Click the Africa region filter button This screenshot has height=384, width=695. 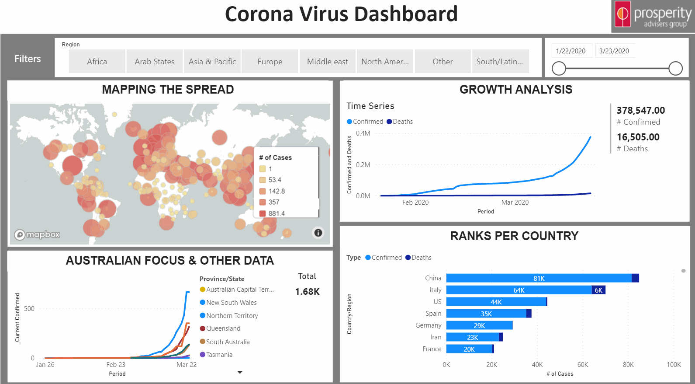pos(97,62)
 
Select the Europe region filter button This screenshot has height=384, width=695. pos(270,62)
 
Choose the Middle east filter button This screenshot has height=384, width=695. pos(327,62)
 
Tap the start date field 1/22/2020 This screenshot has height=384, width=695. pos(571,51)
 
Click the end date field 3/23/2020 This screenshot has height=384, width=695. pos(614,51)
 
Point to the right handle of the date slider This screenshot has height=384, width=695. pos(675,68)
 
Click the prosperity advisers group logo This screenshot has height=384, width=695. pos(653,16)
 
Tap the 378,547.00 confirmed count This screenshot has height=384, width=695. pos(640,110)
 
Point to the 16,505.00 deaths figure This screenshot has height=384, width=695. pos(638,137)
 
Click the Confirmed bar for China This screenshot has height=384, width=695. pos(539,278)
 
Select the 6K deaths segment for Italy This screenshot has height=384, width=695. pos(598,290)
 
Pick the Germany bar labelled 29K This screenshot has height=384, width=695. pos(479,325)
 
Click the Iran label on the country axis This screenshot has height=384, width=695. pos(436,337)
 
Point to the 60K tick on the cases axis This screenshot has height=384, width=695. pos(582,365)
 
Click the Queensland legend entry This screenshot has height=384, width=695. pos(223,328)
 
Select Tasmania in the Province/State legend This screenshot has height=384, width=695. pos(219,355)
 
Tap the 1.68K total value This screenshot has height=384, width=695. pos(307,292)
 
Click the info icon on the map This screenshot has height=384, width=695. pos(318,233)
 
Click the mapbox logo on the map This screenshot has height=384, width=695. pos(37,234)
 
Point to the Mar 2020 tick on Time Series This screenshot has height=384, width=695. pos(515,202)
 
